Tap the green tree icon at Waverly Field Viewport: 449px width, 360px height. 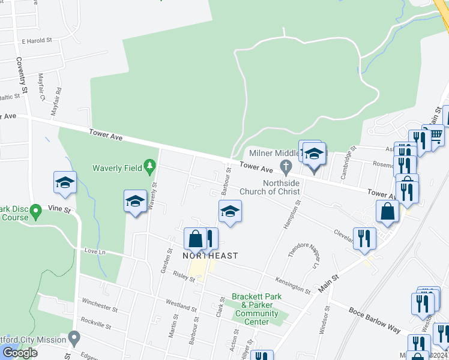149,166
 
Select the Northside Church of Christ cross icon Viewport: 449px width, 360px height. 286,165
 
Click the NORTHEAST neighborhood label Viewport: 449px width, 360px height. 210,256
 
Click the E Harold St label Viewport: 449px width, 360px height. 37,41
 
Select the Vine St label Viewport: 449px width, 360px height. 59,211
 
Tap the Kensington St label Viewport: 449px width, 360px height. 293,284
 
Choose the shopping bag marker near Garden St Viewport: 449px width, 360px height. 195,239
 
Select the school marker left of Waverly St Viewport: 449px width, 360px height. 135,201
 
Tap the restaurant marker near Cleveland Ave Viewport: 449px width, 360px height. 364,238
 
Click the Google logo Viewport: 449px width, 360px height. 20,353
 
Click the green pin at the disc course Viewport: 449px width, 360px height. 35,211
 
